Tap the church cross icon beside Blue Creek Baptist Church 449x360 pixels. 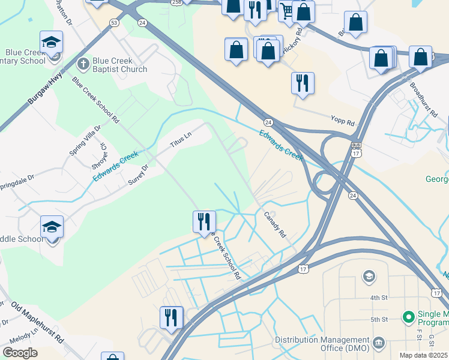83,62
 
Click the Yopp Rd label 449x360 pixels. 343,122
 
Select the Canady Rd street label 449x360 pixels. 274,223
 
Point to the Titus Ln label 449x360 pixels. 180,140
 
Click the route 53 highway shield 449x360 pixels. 114,22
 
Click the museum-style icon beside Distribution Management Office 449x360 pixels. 379,342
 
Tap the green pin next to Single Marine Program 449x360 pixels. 409,316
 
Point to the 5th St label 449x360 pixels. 379,319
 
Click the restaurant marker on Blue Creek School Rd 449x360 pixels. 204,221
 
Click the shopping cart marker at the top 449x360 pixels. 288,11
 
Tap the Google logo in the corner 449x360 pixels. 20,353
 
